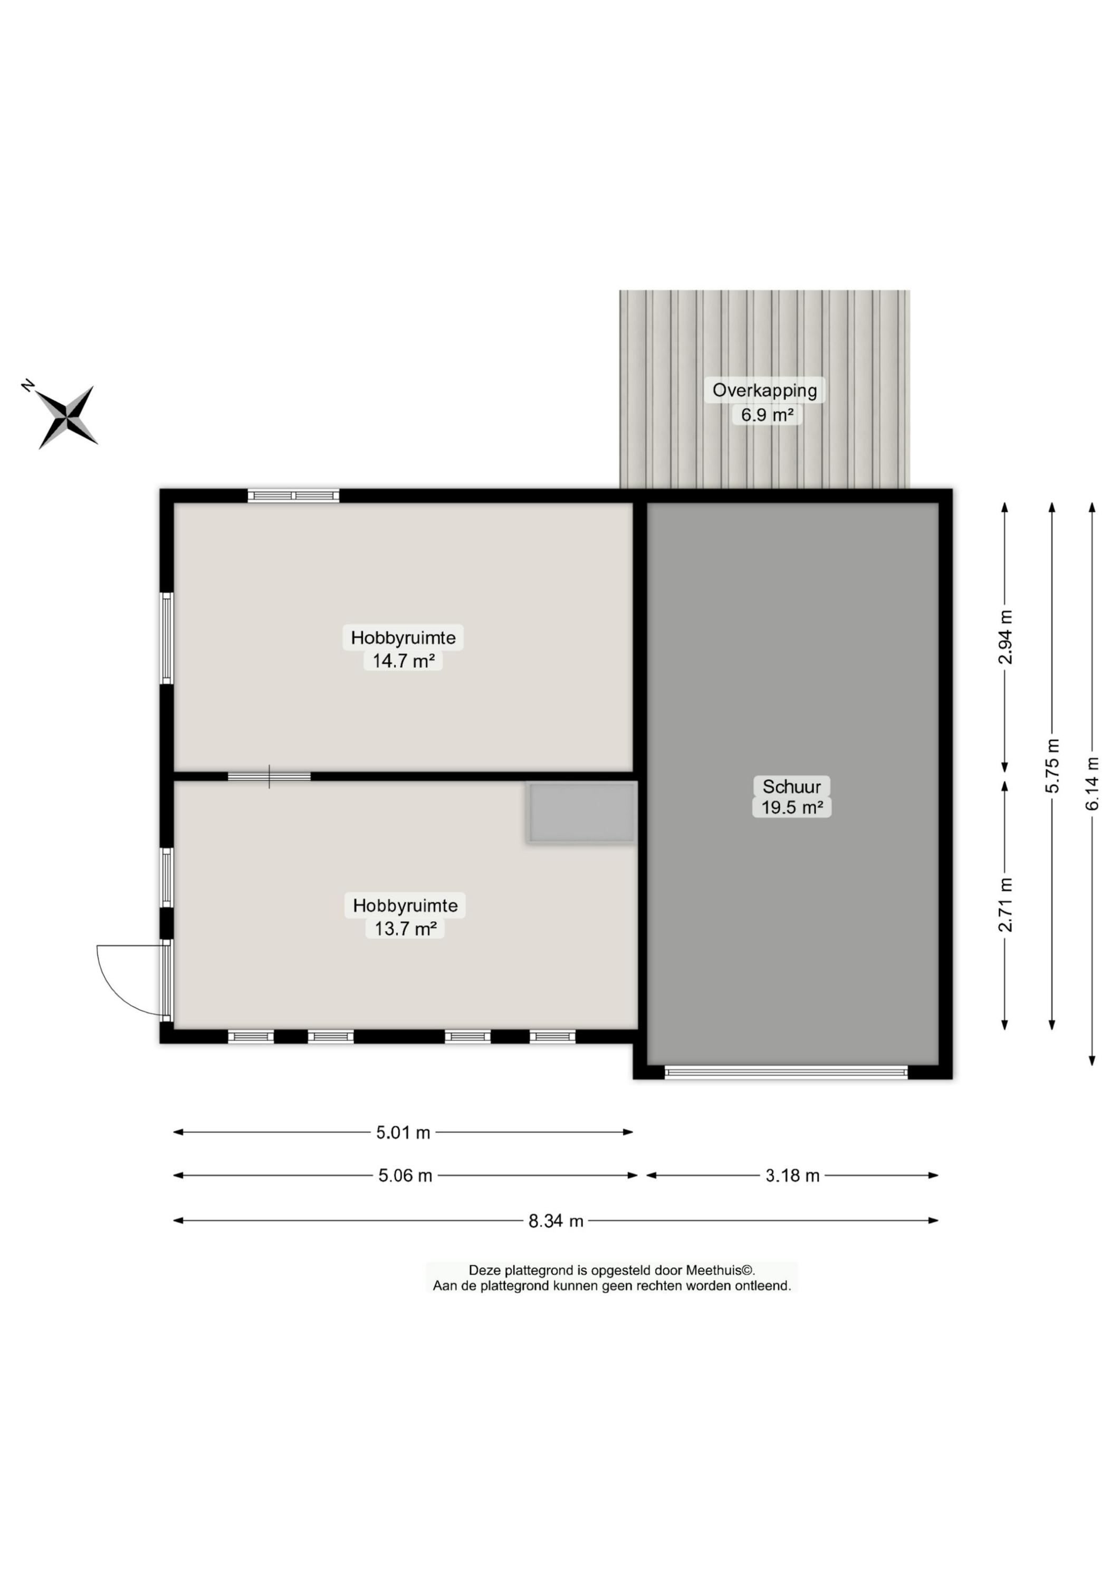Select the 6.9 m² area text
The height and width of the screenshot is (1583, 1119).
coord(767,415)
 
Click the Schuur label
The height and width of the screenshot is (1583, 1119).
coord(791,786)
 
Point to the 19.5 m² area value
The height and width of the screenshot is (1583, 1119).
coord(791,807)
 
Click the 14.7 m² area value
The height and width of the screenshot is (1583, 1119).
coord(404,661)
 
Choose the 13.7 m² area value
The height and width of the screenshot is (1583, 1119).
coord(405,928)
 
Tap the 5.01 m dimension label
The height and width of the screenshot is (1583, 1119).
coord(404,1132)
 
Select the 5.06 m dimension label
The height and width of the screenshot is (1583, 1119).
coord(405,1176)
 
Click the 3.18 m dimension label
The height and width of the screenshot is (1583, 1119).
coord(792,1176)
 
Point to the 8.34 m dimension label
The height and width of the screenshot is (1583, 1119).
coord(556,1221)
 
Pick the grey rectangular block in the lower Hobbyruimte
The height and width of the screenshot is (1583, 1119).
coord(581,812)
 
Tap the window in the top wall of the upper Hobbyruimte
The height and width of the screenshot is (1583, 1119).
coord(294,495)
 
